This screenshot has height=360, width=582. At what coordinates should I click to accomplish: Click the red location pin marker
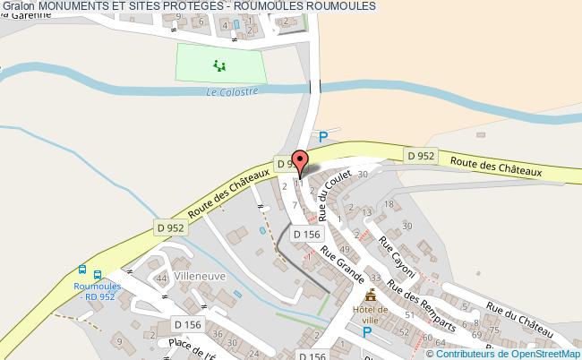click(301, 160)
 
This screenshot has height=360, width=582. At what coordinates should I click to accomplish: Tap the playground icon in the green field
click(218, 64)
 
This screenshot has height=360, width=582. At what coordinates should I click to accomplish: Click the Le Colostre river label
click(232, 91)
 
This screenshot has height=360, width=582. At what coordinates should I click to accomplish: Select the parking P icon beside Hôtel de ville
click(366, 332)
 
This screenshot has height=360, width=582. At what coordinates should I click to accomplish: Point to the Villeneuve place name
click(200, 277)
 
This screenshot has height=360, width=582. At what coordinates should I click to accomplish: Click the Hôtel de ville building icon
click(371, 295)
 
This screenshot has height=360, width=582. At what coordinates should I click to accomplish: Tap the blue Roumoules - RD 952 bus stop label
click(97, 289)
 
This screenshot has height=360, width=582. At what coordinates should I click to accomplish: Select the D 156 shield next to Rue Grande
click(306, 235)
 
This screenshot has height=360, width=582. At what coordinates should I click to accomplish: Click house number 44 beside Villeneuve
click(162, 279)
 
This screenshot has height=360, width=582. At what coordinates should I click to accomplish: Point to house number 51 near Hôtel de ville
click(408, 314)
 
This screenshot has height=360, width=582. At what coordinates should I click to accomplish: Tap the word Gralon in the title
click(18, 6)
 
